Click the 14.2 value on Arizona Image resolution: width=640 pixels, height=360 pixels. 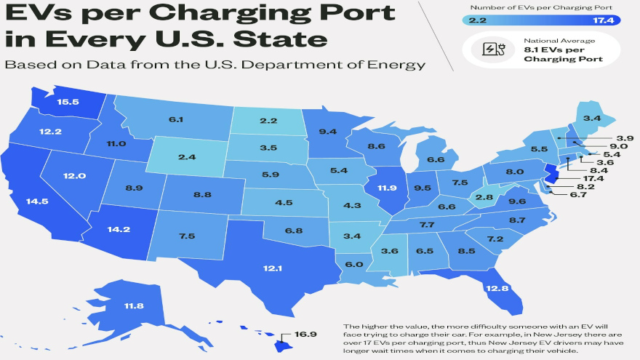pos(117,230)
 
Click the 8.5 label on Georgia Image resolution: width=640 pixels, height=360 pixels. pos(467,251)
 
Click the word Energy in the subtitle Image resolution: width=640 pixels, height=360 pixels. pos(397,65)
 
